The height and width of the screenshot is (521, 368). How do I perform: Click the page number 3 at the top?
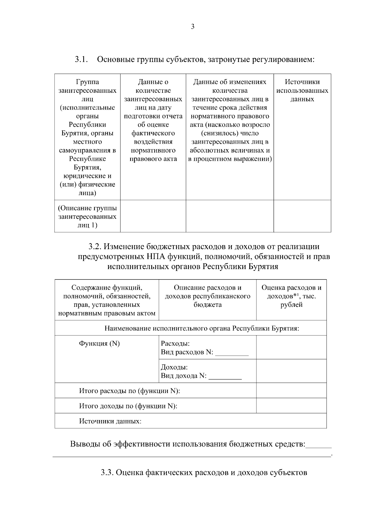click(193, 27)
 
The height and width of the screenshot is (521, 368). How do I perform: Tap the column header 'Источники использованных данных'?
click(302, 91)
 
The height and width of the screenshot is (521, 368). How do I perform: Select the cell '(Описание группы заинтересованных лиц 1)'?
click(87, 217)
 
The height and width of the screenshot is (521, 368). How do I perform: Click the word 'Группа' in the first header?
click(87, 82)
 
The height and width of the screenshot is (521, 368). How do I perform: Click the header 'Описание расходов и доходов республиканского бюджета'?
click(208, 296)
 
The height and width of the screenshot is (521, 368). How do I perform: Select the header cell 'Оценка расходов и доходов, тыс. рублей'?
click(291, 296)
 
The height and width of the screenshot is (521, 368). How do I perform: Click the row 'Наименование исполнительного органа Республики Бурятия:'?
click(201, 329)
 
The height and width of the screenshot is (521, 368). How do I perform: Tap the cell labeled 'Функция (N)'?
click(99, 344)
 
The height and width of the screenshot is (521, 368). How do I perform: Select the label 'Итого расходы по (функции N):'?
click(129, 391)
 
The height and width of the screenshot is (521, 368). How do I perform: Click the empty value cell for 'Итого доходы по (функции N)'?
click(291, 406)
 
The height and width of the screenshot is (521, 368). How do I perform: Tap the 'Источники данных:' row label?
click(110, 421)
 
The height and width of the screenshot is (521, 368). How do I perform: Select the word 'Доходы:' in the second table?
click(174, 367)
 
